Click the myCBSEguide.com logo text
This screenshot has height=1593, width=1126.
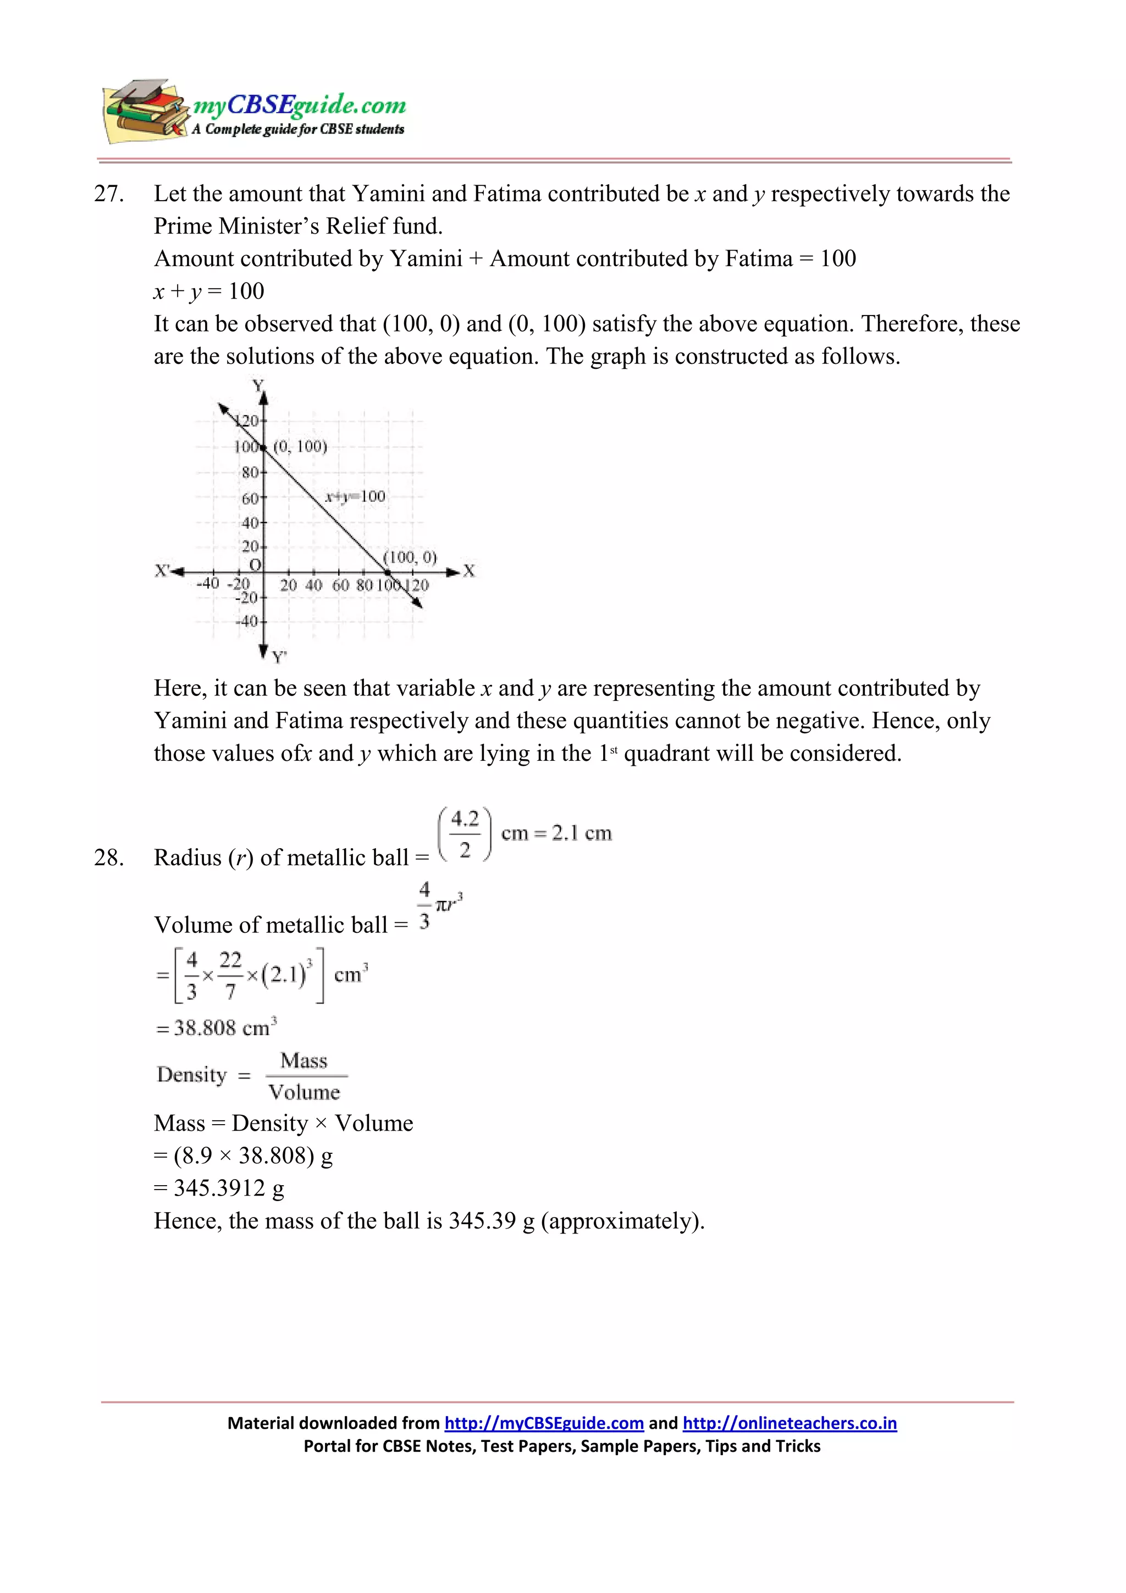299,106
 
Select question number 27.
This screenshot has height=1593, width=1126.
109,194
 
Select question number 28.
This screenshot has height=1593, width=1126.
109,858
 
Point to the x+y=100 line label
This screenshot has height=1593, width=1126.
355,496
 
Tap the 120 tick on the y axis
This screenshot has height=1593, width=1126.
247,421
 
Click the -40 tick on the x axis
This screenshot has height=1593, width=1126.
207,584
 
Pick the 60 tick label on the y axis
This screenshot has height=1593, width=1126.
249,498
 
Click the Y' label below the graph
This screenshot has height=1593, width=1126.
279,656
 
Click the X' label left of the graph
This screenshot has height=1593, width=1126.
162,571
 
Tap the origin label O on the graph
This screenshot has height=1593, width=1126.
255,565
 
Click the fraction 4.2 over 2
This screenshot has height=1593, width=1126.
464,834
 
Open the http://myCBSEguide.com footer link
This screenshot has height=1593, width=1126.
544,1424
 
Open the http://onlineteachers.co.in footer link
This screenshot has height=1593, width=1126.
789,1424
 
